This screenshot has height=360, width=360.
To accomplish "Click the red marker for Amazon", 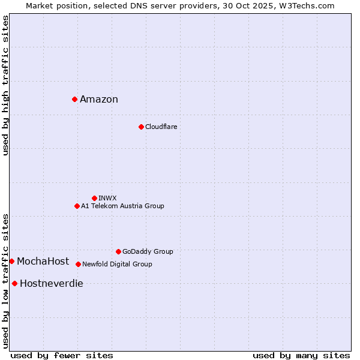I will click(x=74, y=99).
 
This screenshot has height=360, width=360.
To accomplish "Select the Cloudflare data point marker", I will click(x=141, y=127).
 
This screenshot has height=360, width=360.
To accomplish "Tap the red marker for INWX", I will click(x=94, y=198).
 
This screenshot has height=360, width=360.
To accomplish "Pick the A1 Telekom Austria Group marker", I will click(x=77, y=206).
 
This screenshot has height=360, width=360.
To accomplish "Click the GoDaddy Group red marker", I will click(x=118, y=251).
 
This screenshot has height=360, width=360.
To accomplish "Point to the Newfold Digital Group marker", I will click(x=78, y=264).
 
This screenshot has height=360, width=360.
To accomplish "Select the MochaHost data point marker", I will click(x=11, y=261).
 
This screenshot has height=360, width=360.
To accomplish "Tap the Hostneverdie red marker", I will click(x=14, y=283).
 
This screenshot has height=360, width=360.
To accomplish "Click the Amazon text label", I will click(x=99, y=100).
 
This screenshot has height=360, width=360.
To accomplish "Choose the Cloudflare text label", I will click(x=161, y=127).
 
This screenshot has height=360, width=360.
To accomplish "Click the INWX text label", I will click(x=107, y=198).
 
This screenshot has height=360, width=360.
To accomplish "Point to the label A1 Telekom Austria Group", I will click(x=122, y=206).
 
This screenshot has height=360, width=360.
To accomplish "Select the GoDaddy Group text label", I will click(x=148, y=252).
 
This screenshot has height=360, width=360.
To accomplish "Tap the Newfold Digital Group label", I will click(x=117, y=264).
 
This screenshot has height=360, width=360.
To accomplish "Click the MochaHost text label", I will click(x=43, y=261).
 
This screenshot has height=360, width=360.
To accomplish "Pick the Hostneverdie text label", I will click(x=52, y=284).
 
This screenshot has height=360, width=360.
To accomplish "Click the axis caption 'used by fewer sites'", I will click(x=62, y=355).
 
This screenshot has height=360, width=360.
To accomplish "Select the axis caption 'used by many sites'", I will click(x=301, y=355).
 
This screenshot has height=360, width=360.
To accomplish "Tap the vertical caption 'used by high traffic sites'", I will click(x=5, y=85).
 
